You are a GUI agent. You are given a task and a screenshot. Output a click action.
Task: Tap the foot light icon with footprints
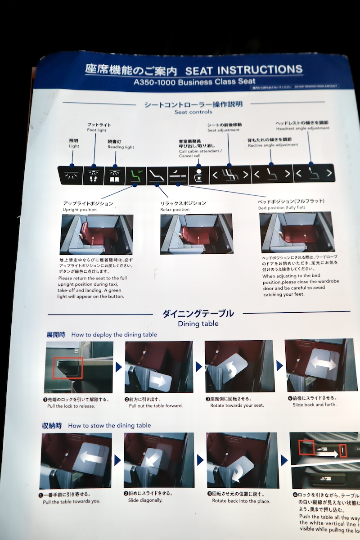[x=93, y=175]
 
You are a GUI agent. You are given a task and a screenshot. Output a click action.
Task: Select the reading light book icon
[x=114, y=175]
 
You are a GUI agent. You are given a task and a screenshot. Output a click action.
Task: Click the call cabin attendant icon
[x=199, y=175]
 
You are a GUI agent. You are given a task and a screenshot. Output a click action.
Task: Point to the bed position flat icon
[x=178, y=175]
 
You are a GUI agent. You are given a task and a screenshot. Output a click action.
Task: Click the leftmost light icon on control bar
[x=72, y=175]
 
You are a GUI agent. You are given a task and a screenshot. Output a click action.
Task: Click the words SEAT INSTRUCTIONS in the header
[x=243, y=70]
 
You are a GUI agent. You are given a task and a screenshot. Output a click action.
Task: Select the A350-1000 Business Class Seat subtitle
[x=191, y=82]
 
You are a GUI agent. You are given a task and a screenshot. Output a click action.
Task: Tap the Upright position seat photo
[x=96, y=234]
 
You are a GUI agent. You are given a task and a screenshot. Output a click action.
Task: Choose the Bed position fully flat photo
[x=297, y=232]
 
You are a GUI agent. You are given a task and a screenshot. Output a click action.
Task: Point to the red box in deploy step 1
[x=68, y=368]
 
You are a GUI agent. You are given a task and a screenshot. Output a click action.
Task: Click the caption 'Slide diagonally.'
[x=145, y=500]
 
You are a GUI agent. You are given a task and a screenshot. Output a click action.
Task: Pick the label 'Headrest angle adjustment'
[x=302, y=128]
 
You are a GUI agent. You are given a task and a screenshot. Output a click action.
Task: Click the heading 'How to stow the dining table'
[x=109, y=425]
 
